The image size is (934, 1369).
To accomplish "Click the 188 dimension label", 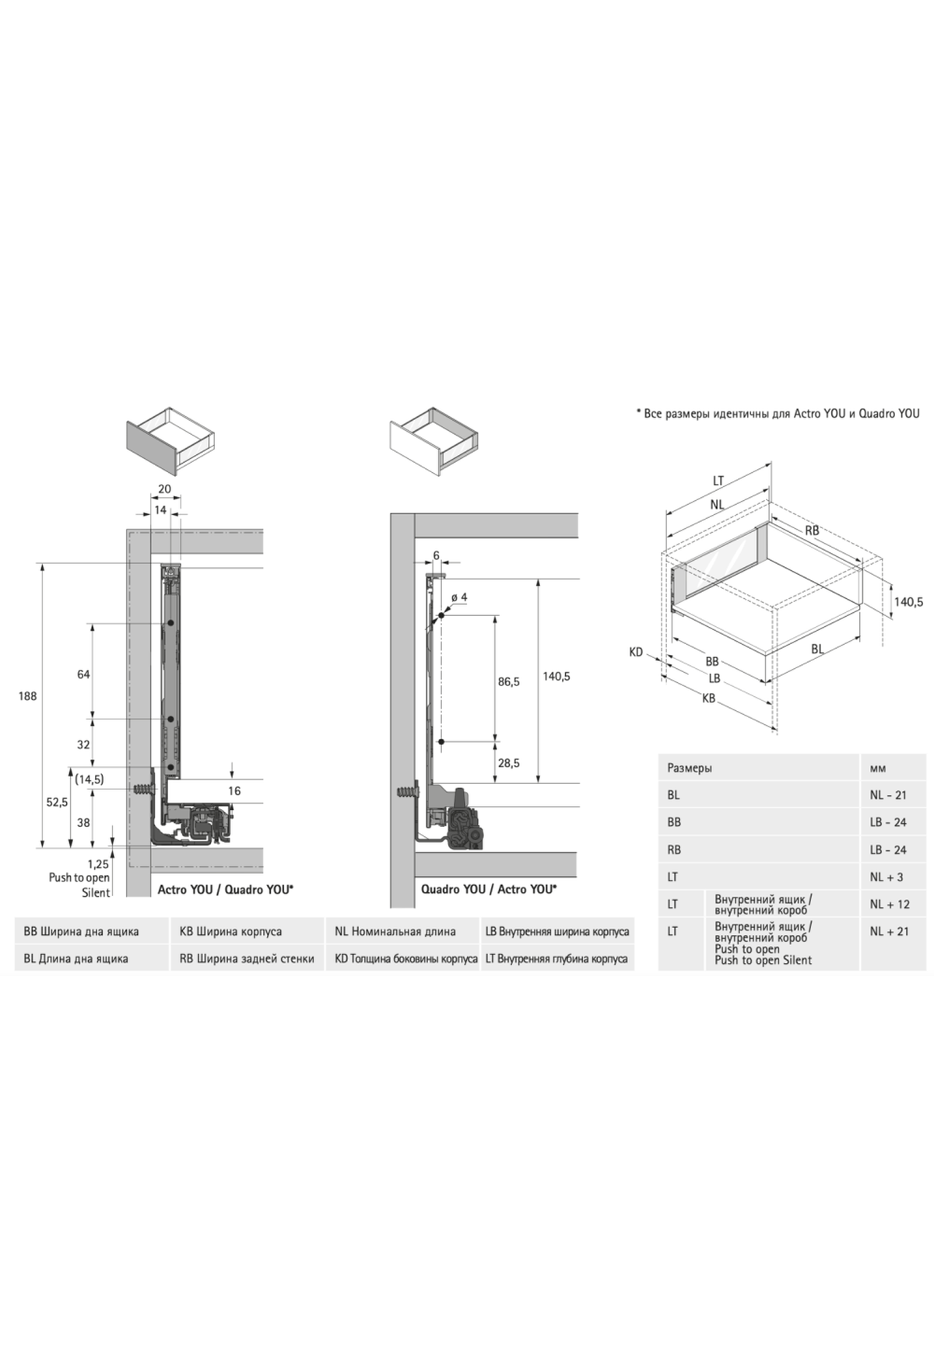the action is pyautogui.click(x=27, y=696).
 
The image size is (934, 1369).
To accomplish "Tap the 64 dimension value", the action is pyautogui.click(x=83, y=674).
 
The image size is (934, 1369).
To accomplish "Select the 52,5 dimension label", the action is pyautogui.click(x=57, y=802).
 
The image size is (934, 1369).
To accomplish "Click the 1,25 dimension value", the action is pyautogui.click(x=98, y=863).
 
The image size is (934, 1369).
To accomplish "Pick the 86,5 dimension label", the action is pyautogui.click(x=509, y=681).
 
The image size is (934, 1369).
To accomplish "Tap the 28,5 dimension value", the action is pyautogui.click(x=509, y=763).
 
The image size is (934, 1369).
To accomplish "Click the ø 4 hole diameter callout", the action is pyautogui.click(x=458, y=597).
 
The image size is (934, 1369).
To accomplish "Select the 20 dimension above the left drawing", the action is pyautogui.click(x=164, y=489).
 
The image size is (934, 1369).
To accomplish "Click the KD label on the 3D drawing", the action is pyautogui.click(x=636, y=652).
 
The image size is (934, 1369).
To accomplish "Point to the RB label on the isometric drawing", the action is pyautogui.click(x=812, y=530).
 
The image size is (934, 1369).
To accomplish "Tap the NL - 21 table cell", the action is pyautogui.click(x=888, y=795).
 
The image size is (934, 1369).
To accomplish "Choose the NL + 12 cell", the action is pyautogui.click(x=890, y=904).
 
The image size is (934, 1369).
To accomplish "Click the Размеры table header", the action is pyautogui.click(x=690, y=768).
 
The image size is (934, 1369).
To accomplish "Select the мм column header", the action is pyautogui.click(x=878, y=768).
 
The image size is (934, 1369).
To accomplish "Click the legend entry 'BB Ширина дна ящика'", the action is pyautogui.click(x=82, y=931).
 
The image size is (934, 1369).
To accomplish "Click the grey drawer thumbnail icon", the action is pyautogui.click(x=169, y=440).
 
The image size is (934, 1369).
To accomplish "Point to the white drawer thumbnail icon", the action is pyautogui.click(x=432, y=441).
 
